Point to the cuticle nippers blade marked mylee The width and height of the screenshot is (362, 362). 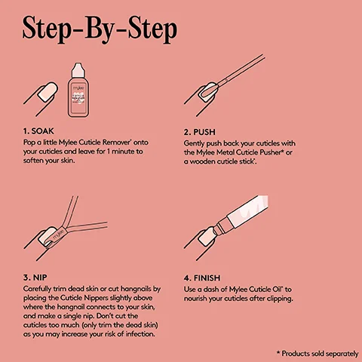pyautogui.click(x=60, y=232)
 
